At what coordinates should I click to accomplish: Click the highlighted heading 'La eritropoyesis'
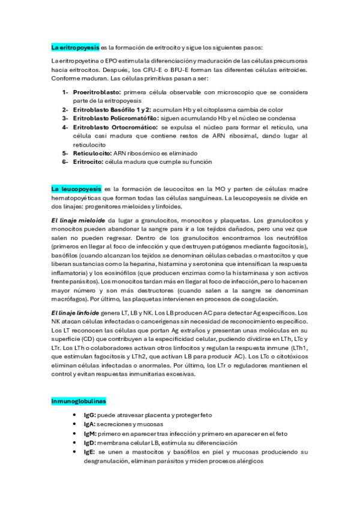pos(75,47)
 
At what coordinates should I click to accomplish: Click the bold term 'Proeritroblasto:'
pos(97,92)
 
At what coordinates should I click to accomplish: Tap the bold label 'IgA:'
pos(90,424)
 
